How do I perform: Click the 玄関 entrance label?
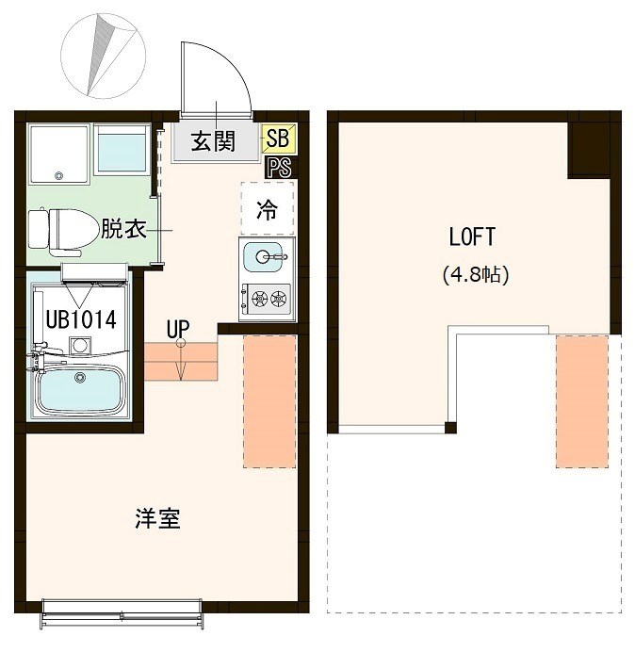212,142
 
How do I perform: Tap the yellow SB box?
276,139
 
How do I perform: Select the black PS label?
278,168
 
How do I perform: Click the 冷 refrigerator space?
268,210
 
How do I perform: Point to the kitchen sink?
267,255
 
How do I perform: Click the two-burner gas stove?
267,300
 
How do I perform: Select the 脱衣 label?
123,228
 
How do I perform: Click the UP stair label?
177,329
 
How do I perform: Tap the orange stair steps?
181,362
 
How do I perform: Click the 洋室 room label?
157,518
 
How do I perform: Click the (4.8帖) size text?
475,275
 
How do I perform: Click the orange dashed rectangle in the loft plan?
581,400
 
